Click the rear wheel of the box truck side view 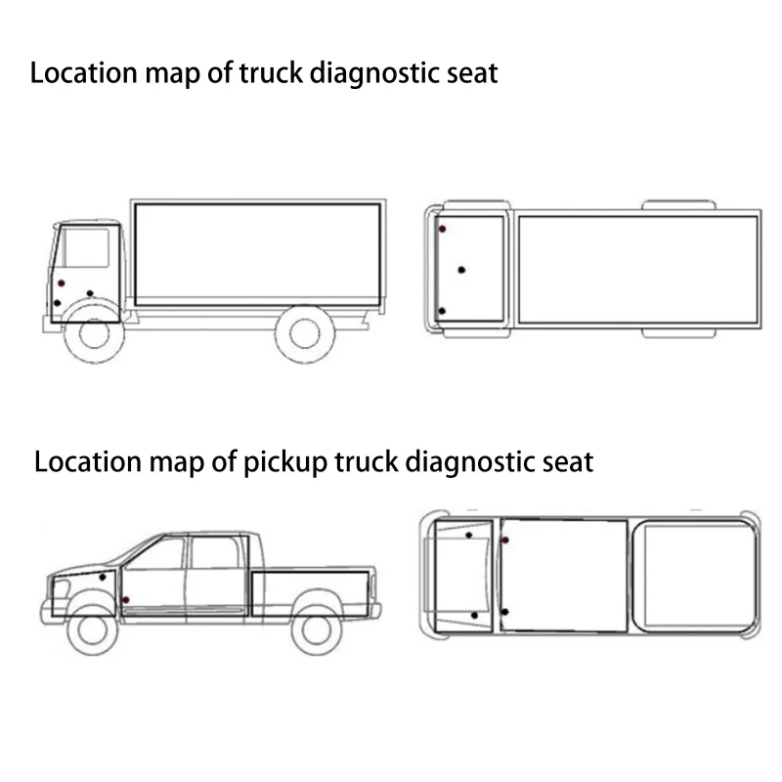[x=305, y=332]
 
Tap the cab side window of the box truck [x=86, y=246]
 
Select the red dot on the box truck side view [x=60, y=282]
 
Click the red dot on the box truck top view [x=442, y=229]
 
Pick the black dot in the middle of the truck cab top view [x=461, y=269]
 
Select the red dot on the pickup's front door [x=126, y=598]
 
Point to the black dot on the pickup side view [x=103, y=577]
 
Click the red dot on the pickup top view [x=504, y=540]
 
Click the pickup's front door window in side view [x=156, y=555]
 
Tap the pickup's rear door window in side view [x=214, y=552]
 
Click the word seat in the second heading [x=566, y=460]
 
